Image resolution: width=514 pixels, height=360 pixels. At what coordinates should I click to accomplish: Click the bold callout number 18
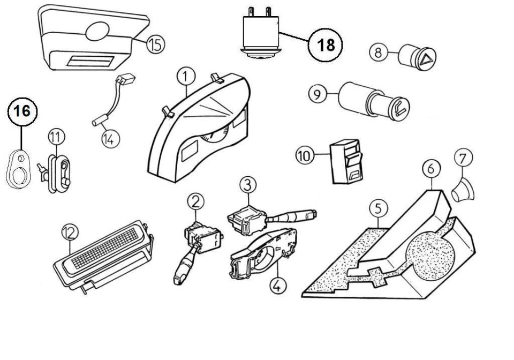tap(325, 45)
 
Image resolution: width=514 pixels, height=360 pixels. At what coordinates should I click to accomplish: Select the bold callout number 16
tap(22, 111)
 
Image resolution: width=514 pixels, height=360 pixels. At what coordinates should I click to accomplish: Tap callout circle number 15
tap(155, 44)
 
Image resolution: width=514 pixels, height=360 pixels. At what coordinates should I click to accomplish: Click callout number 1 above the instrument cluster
tap(186, 77)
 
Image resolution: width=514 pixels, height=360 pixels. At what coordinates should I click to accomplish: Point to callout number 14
tap(110, 139)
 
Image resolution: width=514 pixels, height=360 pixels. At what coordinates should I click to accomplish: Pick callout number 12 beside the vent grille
tap(70, 233)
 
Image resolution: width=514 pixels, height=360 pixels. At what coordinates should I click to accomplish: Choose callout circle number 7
tap(463, 158)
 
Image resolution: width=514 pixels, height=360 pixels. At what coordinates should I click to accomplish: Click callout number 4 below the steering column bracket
tap(277, 285)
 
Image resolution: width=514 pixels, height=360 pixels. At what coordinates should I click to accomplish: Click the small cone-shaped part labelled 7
tap(462, 192)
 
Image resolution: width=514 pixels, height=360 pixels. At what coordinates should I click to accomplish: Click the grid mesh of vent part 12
tap(105, 247)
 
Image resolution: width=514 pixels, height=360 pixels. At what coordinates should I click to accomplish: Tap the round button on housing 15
tap(97, 31)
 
